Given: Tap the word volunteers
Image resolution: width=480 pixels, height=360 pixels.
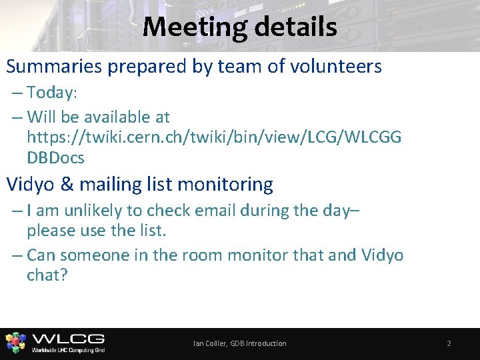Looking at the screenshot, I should (333, 67).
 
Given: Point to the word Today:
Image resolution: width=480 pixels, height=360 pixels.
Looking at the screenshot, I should (53, 92).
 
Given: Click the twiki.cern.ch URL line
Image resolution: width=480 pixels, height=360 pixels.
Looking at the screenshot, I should (214, 137).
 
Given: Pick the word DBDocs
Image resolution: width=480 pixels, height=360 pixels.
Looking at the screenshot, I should (55, 158).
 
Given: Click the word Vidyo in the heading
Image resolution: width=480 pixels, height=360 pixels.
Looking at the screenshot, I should (31, 183).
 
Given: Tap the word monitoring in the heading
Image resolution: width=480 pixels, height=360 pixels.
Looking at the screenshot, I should (221, 184).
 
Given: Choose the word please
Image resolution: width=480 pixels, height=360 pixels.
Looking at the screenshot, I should (53, 232).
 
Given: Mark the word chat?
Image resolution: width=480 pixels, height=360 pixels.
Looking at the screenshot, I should (47, 275).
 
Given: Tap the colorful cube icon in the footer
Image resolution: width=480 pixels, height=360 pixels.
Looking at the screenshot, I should (16, 343).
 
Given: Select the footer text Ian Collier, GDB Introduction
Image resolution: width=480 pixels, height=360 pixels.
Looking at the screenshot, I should (239, 343).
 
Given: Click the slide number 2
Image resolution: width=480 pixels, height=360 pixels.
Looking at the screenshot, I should (449, 343).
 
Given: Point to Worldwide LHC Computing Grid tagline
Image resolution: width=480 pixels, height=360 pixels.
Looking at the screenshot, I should (68, 349).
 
